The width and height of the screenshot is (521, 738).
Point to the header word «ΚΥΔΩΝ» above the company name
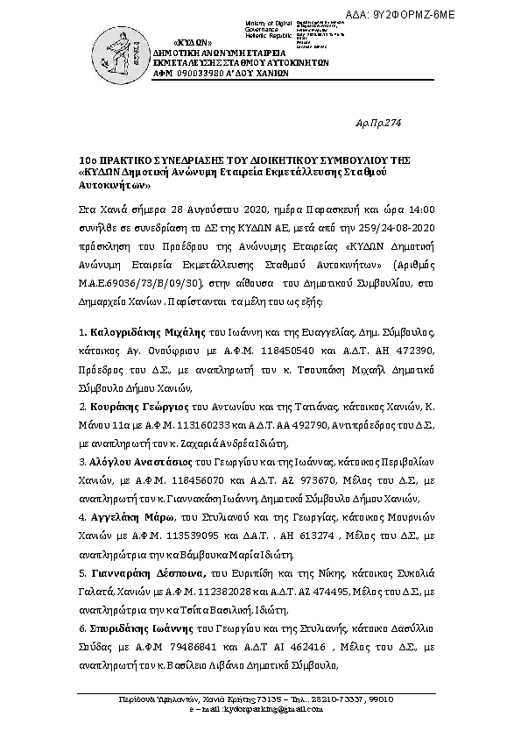193,42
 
